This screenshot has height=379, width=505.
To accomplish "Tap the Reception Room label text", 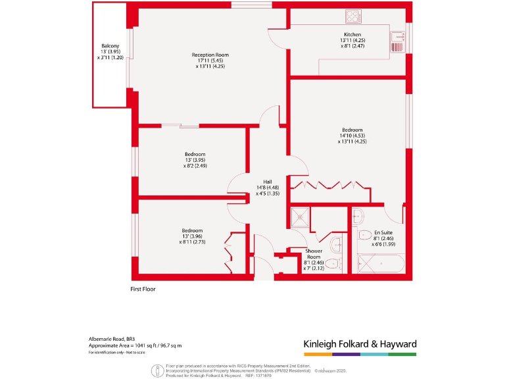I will point(210,55).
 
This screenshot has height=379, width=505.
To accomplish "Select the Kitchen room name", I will point(352,34).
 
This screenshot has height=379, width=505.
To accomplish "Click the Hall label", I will point(249,182).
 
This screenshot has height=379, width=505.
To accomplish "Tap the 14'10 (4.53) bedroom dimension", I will point(352,136).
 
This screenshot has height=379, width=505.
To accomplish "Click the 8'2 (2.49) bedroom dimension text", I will point(195,166).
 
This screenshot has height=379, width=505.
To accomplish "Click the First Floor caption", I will point(143,288).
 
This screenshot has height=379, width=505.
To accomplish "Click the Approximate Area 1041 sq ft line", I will point(135,345).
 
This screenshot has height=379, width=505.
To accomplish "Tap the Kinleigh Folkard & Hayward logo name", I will point(359,344).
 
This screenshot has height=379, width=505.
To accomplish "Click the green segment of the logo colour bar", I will point(402,354).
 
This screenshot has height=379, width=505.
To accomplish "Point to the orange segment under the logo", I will point(317,354).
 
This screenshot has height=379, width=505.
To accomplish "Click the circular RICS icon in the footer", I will point(157,370).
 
